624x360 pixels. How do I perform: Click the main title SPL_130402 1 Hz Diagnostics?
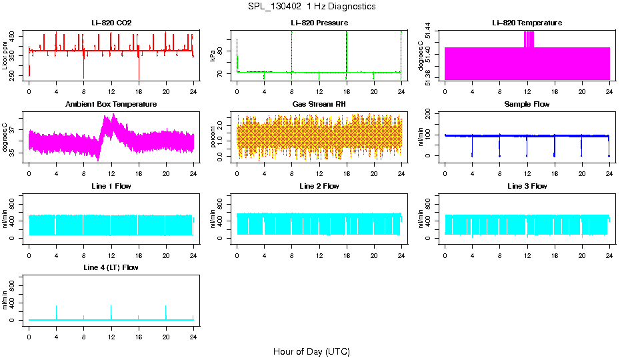pyautogui.click(x=311, y=7)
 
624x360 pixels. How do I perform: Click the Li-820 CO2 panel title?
pyautogui.click(x=111, y=23)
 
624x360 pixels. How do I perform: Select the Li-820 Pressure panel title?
pyautogui.click(x=319, y=23)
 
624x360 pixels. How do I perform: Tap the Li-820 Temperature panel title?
pyautogui.click(x=527, y=23)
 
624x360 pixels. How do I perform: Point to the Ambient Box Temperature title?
pyautogui.click(x=111, y=105)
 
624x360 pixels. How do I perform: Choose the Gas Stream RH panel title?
pyautogui.click(x=319, y=105)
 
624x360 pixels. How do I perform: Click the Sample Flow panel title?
pyautogui.click(x=527, y=105)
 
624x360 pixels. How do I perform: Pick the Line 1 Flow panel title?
pyautogui.click(x=111, y=186)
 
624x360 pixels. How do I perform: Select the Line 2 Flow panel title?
pyautogui.click(x=319, y=186)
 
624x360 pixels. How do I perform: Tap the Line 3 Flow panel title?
pyautogui.click(x=527, y=186)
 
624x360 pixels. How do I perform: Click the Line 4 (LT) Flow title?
pyautogui.click(x=111, y=267)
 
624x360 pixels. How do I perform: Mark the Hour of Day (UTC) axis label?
pyautogui.click(x=311, y=351)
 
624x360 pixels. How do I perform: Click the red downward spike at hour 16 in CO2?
pyautogui.click(x=139, y=70)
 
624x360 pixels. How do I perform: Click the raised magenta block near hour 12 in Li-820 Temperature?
pyautogui.click(x=529, y=39)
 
